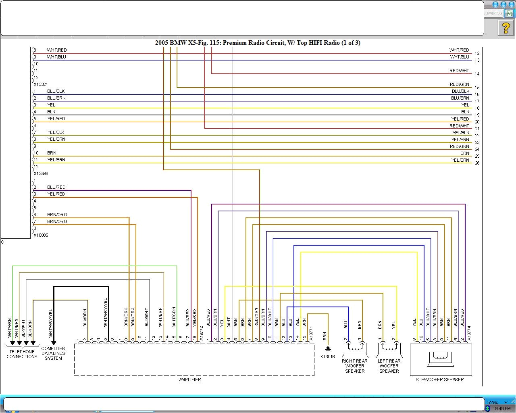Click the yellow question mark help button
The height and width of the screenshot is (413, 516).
[506, 28]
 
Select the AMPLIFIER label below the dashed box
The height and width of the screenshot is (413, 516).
[190, 380]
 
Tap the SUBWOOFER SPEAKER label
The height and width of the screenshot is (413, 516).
[439, 380]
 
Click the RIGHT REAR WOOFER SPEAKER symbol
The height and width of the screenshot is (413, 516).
[355, 348]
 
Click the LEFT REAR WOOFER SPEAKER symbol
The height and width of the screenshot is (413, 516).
[389, 348]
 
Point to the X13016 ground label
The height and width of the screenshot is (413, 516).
[327, 357]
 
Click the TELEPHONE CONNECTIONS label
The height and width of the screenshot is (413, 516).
[22, 354]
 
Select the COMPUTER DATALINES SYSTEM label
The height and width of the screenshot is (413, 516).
[53, 353]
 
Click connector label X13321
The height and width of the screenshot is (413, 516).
[41, 84]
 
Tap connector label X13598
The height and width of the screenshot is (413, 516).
[41, 173]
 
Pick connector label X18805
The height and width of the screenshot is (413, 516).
[41, 235]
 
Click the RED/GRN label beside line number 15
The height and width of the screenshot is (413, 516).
[460, 84]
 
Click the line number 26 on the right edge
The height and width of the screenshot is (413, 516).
[477, 163]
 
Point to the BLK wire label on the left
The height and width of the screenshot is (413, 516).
[51, 112]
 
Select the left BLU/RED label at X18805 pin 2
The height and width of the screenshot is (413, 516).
[56, 187]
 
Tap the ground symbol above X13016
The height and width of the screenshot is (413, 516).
[328, 348]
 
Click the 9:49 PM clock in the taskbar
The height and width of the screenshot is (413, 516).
[503, 409]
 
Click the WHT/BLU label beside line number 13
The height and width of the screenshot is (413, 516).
[460, 57]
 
